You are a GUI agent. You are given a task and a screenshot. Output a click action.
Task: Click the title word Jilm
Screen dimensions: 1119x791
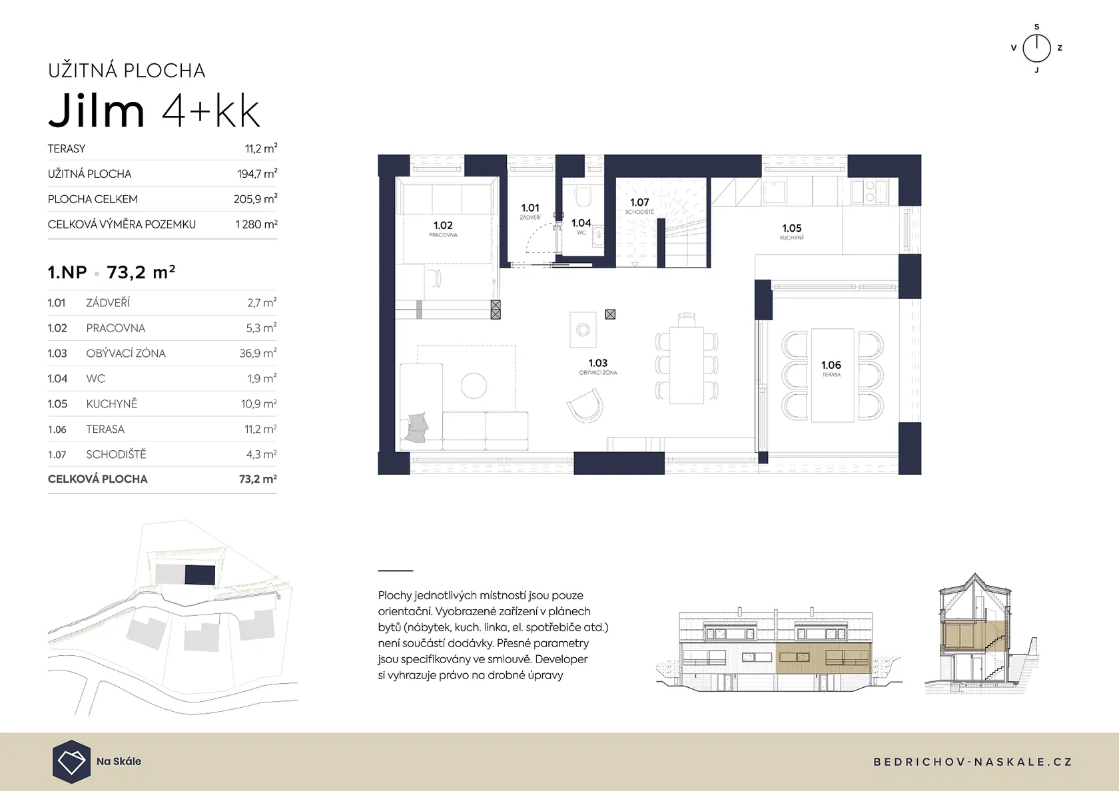pos(97,110)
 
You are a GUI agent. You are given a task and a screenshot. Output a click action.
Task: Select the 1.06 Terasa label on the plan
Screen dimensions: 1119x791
pos(831,369)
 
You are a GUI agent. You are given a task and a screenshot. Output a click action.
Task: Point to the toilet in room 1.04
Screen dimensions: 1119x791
pos(582,196)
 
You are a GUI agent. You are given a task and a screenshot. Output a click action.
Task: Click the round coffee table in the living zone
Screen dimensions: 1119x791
pos(474,386)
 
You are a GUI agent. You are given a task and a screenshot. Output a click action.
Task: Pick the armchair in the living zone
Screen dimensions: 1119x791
pos(585,405)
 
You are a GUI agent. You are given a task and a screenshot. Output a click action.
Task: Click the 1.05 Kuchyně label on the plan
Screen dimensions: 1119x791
pos(792,232)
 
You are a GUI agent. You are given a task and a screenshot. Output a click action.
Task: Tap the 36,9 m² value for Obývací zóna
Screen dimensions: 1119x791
pos(258,353)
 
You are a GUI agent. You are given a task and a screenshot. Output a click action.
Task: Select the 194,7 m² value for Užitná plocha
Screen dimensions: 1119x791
pos(257,174)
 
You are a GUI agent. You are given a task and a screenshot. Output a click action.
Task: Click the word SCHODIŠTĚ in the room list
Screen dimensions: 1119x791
pos(116,454)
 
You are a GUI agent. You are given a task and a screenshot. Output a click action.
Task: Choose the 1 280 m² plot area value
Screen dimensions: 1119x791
pos(256,224)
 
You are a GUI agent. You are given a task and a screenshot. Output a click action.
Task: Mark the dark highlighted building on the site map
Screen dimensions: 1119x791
pos(200,575)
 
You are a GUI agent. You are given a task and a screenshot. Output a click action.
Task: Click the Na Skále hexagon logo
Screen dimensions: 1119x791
pos(71,762)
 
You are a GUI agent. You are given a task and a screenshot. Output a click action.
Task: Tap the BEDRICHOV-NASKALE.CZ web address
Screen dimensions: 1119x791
pos(972,762)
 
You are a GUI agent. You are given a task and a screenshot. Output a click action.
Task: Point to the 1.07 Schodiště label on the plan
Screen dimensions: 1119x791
pos(639,205)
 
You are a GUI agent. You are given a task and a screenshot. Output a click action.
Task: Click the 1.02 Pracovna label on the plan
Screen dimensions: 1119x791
pos(443,229)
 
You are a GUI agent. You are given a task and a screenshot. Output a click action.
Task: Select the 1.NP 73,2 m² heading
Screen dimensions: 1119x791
pos(111,272)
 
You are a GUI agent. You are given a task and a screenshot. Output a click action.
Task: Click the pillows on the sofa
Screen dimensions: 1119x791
pos(417,427)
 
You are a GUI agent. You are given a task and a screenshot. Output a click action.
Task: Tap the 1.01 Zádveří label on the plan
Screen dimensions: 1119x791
pos(530,211)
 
